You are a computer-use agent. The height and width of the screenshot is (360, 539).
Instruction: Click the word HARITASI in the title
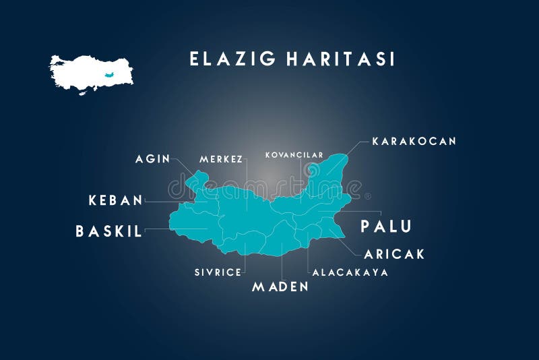[x=340, y=59]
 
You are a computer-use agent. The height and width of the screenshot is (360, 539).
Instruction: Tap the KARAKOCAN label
[x=414, y=141]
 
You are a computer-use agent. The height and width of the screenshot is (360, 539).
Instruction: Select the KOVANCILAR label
[x=294, y=155]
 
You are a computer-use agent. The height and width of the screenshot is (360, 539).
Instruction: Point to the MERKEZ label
[x=221, y=159]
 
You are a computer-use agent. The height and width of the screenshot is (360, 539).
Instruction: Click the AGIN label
[x=152, y=159]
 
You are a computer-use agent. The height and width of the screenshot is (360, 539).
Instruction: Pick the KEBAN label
[x=116, y=200]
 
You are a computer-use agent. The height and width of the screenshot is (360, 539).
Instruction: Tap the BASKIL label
[x=108, y=231]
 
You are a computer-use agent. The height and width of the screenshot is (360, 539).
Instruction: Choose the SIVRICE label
[x=218, y=272]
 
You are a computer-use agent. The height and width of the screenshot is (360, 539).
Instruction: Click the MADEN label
[x=280, y=287]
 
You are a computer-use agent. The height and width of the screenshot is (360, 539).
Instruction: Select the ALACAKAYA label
[x=350, y=272]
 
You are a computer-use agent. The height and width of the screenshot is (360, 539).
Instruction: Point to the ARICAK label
[x=394, y=254]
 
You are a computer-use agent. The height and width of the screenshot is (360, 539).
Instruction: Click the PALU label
[x=385, y=227]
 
